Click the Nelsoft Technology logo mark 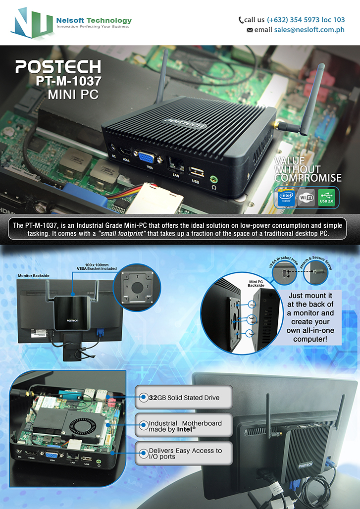[x=32, y=23]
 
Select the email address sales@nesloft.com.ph [x=309, y=30]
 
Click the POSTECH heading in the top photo [x=58, y=67]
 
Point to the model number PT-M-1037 [x=68, y=81]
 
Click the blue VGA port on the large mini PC [x=147, y=158]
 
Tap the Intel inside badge [x=286, y=198]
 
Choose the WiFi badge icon [x=306, y=198]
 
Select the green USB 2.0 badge [x=326, y=198]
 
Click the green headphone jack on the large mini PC [x=213, y=179]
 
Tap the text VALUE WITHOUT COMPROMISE [x=308, y=169]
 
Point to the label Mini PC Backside [x=256, y=283]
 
